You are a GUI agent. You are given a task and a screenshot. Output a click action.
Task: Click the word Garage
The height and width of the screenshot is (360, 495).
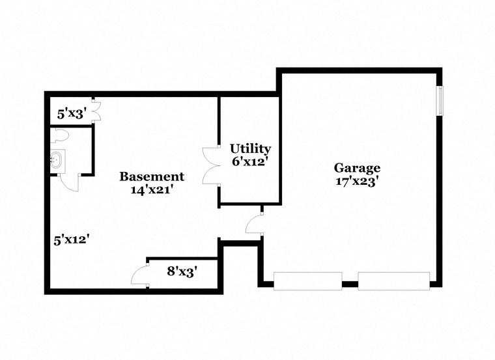click(357, 168)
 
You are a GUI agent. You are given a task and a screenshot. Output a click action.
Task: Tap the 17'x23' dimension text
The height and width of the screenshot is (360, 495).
click(357, 182)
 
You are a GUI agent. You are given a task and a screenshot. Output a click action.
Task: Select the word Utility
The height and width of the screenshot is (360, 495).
click(249, 149)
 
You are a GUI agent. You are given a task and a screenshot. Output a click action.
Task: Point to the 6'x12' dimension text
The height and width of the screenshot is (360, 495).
click(249, 162)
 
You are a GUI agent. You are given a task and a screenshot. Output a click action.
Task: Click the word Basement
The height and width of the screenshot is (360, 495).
click(152, 176)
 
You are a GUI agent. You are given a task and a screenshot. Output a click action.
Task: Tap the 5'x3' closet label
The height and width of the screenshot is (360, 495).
click(71, 114)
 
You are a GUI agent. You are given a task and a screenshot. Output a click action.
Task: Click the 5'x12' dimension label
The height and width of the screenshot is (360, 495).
click(71, 239)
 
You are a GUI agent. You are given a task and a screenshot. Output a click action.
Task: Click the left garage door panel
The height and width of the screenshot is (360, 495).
click(307, 281)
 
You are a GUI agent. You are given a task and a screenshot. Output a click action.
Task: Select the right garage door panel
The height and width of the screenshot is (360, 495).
click(393, 281)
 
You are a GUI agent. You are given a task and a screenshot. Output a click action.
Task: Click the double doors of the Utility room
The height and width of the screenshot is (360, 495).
click(210, 167)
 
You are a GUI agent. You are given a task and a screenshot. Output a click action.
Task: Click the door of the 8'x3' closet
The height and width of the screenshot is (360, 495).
click(140, 275)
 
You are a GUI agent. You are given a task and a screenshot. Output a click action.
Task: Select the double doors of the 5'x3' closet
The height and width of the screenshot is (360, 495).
click(95, 111)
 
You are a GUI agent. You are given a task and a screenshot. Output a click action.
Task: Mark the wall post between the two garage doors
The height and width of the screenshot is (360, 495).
click(350, 284)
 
